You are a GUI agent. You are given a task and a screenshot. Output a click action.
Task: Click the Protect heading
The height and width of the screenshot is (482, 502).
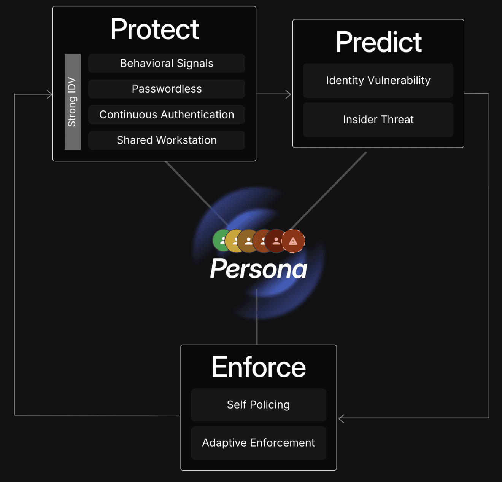tap(154, 29)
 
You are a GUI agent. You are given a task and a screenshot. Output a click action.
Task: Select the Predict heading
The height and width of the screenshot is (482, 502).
tap(378, 42)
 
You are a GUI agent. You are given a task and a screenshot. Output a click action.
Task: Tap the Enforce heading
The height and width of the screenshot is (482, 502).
tap(259, 367)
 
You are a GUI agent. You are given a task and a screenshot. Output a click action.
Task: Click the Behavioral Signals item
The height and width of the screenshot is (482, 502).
tap(167, 63)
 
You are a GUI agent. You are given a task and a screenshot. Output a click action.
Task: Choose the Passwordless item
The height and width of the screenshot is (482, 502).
tap(167, 89)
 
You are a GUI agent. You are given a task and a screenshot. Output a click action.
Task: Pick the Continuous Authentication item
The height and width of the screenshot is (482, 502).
tap(167, 115)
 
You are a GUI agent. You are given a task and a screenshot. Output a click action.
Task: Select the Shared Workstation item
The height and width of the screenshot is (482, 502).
tap(167, 140)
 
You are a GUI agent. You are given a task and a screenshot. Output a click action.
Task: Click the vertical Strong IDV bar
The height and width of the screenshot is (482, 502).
tap(72, 102)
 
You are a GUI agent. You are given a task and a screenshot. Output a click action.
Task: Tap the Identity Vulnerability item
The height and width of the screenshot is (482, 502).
tap(378, 80)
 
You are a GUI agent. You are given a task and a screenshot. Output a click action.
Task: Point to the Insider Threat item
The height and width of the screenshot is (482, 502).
tap(378, 120)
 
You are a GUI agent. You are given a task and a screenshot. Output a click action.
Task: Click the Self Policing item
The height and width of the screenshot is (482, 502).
tap(258, 405)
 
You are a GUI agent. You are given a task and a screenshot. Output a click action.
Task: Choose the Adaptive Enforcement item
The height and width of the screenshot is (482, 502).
tap(258, 443)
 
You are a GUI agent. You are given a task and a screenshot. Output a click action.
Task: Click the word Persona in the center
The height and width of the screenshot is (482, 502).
tap(259, 269)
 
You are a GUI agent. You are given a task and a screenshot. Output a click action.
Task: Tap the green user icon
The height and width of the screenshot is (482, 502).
tap(220, 241)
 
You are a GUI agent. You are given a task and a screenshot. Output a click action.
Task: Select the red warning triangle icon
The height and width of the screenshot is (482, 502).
tap(293, 241)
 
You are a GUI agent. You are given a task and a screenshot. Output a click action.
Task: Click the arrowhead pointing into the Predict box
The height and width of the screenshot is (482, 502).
tap(288, 94)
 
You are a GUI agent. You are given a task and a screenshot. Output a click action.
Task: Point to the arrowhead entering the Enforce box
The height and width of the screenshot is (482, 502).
tap(341, 418)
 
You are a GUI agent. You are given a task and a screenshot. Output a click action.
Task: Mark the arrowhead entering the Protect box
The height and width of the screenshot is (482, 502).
tap(49, 94)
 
